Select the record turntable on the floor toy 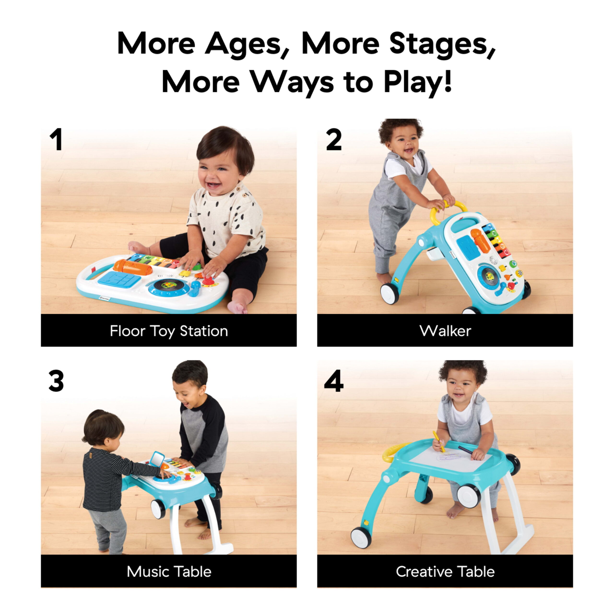click(169, 284)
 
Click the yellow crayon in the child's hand click(439, 441)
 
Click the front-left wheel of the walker click(389, 293)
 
